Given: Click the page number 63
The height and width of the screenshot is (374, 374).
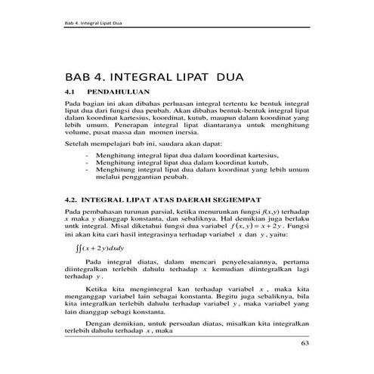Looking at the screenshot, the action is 305,345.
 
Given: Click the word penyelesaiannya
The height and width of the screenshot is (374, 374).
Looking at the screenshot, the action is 240,261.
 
